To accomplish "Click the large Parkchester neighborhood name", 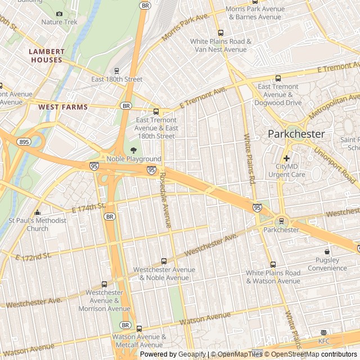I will pos(296,134).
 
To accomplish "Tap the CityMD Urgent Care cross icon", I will pos(287,159).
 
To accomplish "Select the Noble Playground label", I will pos(134,159).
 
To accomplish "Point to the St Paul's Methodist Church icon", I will pos(37,213).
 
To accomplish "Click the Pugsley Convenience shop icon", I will pos(327,251).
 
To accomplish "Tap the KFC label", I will pos(324,341).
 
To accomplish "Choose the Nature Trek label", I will pos(60,22).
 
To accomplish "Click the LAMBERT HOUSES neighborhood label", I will pos(47,56).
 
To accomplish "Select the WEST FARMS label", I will pos(63,106).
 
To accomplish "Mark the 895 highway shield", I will pos(24,142).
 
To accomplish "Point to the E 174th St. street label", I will pos(89,208).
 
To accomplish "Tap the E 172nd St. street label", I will pos(34,256).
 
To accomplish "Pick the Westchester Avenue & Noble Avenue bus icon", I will pos(164,261).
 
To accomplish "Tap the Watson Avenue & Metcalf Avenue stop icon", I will pos(139,328).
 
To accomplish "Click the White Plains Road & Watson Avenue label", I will pos(273,277).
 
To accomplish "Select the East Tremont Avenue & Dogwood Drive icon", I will pos(278,78).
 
